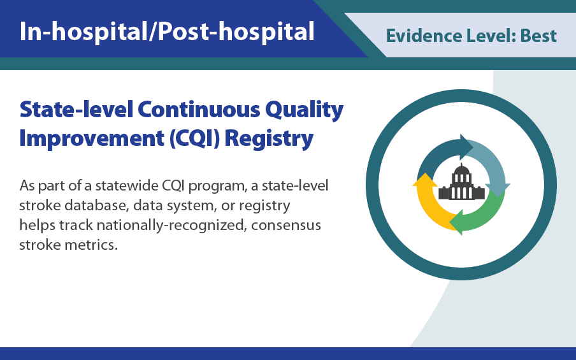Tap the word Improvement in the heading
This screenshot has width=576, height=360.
(x=87, y=138)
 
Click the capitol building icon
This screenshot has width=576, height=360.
(x=461, y=185)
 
